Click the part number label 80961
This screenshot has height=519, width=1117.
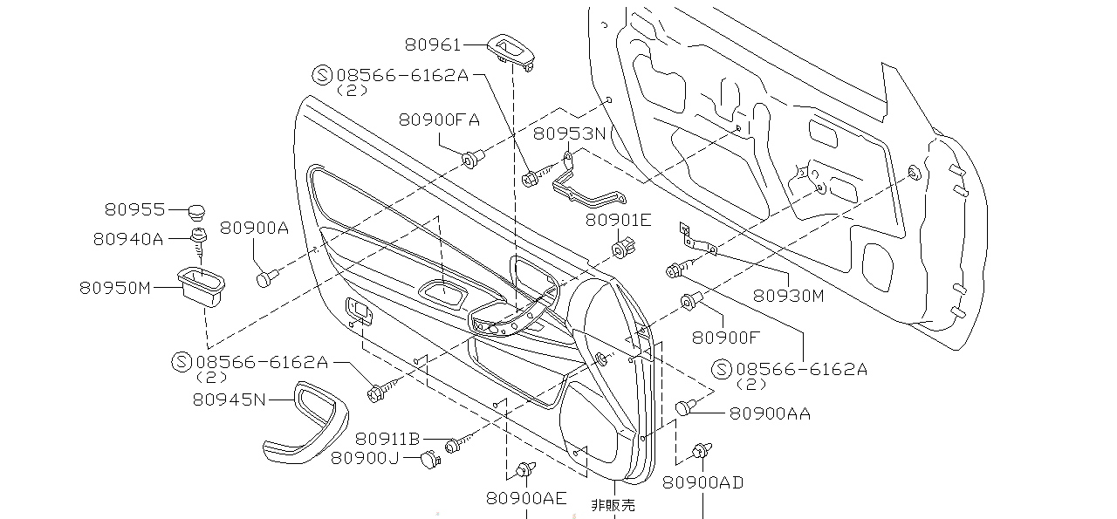pyautogui.click(x=433, y=44)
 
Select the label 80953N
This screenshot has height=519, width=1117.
pyautogui.click(x=569, y=133)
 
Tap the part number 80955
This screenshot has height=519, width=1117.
pyautogui.click(x=134, y=209)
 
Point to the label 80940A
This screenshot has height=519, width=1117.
pyautogui.click(x=128, y=237)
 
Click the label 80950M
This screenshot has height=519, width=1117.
pyautogui.click(x=116, y=287)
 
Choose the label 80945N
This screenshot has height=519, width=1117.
pyautogui.click(x=229, y=399)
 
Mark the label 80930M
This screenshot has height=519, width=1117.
pyautogui.click(x=788, y=295)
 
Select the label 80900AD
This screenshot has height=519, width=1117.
pyautogui.click(x=702, y=482)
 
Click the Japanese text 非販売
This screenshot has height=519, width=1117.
pyautogui.click(x=613, y=504)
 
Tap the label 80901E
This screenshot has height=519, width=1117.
pyautogui.click(x=618, y=220)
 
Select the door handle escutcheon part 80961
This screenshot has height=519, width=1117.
pyautogui.click(x=512, y=50)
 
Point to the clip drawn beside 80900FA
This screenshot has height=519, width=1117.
pyautogui.click(x=472, y=159)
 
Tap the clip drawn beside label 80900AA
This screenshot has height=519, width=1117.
pyautogui.click(x=687, y=406)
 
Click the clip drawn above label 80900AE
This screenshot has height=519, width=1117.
pyautogui.click(x=525, y=470)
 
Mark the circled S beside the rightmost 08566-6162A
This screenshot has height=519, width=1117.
pyautogui.click(x=723, y=369)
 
